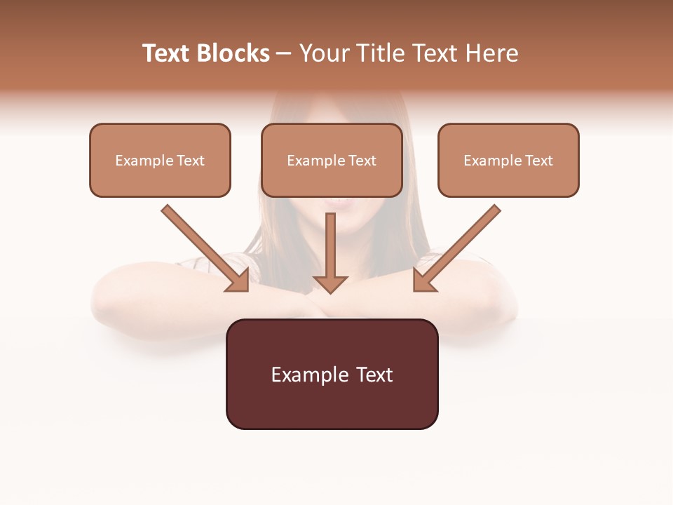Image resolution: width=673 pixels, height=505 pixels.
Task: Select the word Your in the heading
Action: coord(324,53)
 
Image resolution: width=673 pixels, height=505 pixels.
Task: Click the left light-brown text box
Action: coord(160,160)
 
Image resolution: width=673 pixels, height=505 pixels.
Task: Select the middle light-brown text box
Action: coord(332,160)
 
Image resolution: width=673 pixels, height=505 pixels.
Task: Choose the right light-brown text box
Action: coord(508,160)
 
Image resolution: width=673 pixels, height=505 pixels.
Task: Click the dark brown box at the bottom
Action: coord(332,374)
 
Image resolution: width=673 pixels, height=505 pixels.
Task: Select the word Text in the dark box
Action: coord(374,375)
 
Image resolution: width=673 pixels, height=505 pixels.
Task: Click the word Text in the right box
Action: coord(538,161)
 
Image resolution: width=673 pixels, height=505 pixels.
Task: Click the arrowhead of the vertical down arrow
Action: coord(330,283)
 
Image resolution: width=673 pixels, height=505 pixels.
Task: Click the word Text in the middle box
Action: coord(362,161)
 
